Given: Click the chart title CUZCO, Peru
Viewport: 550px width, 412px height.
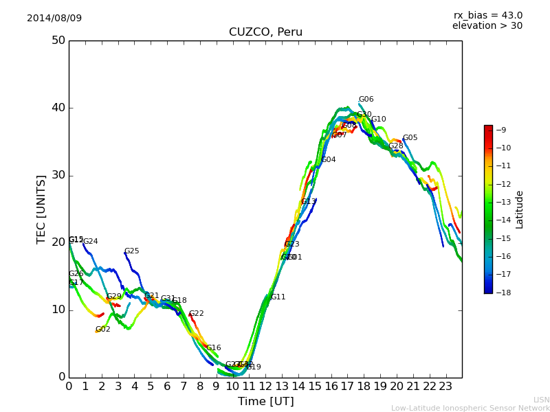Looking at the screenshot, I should coord(265,32).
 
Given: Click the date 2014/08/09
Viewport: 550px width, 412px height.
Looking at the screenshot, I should coord(54,18).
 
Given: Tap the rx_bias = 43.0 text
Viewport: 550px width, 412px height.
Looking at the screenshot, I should coord(488,15).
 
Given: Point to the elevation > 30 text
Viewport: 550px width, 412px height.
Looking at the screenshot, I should coord(487,26).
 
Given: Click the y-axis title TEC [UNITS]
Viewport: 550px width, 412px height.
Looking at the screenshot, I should coord(41,209).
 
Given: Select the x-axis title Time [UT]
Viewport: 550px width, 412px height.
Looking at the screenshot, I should coord(265,401).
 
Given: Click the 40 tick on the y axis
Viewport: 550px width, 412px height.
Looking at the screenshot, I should coord(58,108).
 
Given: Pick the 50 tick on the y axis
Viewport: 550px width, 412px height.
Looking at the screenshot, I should coord(58,41).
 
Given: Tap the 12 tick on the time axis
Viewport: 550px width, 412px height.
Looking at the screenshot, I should coord(265,387).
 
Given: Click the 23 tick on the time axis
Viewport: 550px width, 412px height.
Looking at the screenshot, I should coord(445,387).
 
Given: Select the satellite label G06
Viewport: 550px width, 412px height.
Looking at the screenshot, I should coord(366,100).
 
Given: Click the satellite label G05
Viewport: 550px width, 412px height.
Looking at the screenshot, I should coord(410,138).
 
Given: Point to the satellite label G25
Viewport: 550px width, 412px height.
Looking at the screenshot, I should coord(131,251).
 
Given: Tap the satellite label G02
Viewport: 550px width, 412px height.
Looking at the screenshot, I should coord(102,330).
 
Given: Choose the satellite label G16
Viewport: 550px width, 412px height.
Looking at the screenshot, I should coord(213,348).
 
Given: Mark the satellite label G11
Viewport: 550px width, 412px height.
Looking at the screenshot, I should coord(278,297).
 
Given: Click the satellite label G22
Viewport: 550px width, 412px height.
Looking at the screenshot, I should coord(196,314).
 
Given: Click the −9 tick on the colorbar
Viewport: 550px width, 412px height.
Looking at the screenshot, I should coord(501,130).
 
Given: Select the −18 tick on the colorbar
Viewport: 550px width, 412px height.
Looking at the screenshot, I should coord(503,292).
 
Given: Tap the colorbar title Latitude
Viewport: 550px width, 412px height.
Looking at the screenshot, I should coord(520,209).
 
